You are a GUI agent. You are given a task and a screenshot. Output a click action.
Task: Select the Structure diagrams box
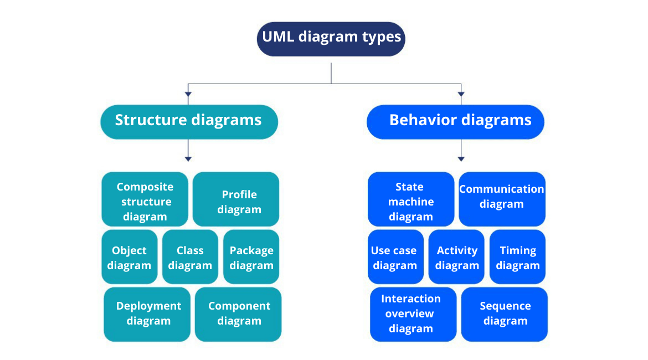(x=188, y=121)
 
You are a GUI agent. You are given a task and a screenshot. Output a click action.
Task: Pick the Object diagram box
(x=129, y=257)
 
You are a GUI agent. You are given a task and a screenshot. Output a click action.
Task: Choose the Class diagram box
(x=190, y=257)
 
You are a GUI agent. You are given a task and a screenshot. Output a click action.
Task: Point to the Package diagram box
(x=251, y=257)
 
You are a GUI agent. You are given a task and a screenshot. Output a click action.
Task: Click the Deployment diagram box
(x=147, y=314)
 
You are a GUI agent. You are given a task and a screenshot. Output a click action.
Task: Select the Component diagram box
(x=238, y=314)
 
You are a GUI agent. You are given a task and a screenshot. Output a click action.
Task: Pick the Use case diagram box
(x=395, y=257)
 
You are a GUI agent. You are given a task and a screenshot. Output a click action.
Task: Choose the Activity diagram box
(x=456, y=257)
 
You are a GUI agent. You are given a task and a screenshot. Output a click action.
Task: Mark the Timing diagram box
(x=517, y=257)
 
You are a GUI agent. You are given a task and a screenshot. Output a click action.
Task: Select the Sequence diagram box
(x=505, y=314)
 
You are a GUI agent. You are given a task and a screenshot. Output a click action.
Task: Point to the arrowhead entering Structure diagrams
(x=188, y=94)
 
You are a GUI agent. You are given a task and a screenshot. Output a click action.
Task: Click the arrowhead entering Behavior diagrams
(x=461, y=94)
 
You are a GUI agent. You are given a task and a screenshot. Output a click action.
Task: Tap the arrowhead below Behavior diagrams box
(x=461, y=159)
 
